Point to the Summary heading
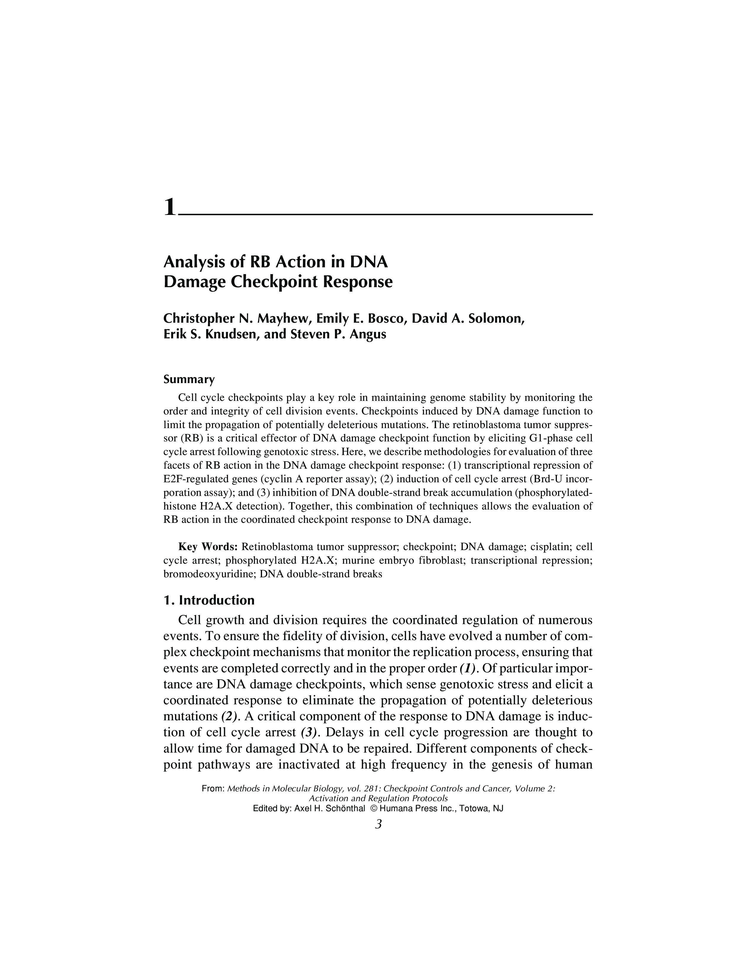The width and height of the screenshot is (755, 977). (x=189, y=379)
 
